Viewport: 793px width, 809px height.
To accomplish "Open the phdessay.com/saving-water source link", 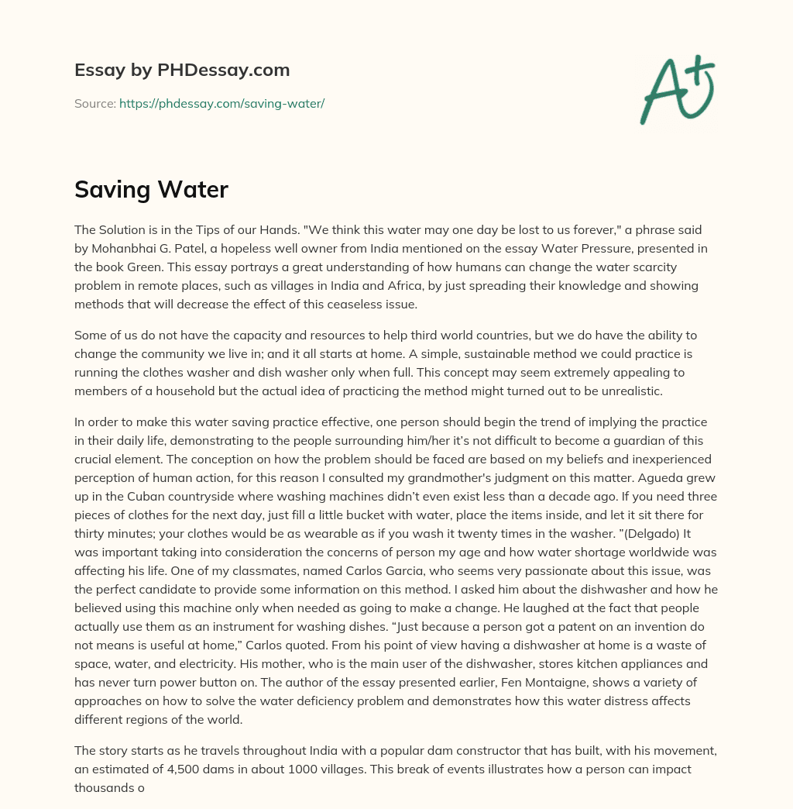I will coord(221,103).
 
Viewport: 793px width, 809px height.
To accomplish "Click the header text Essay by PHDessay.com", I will coord(182,71).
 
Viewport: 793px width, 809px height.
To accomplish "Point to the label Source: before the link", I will coord(94,103).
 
